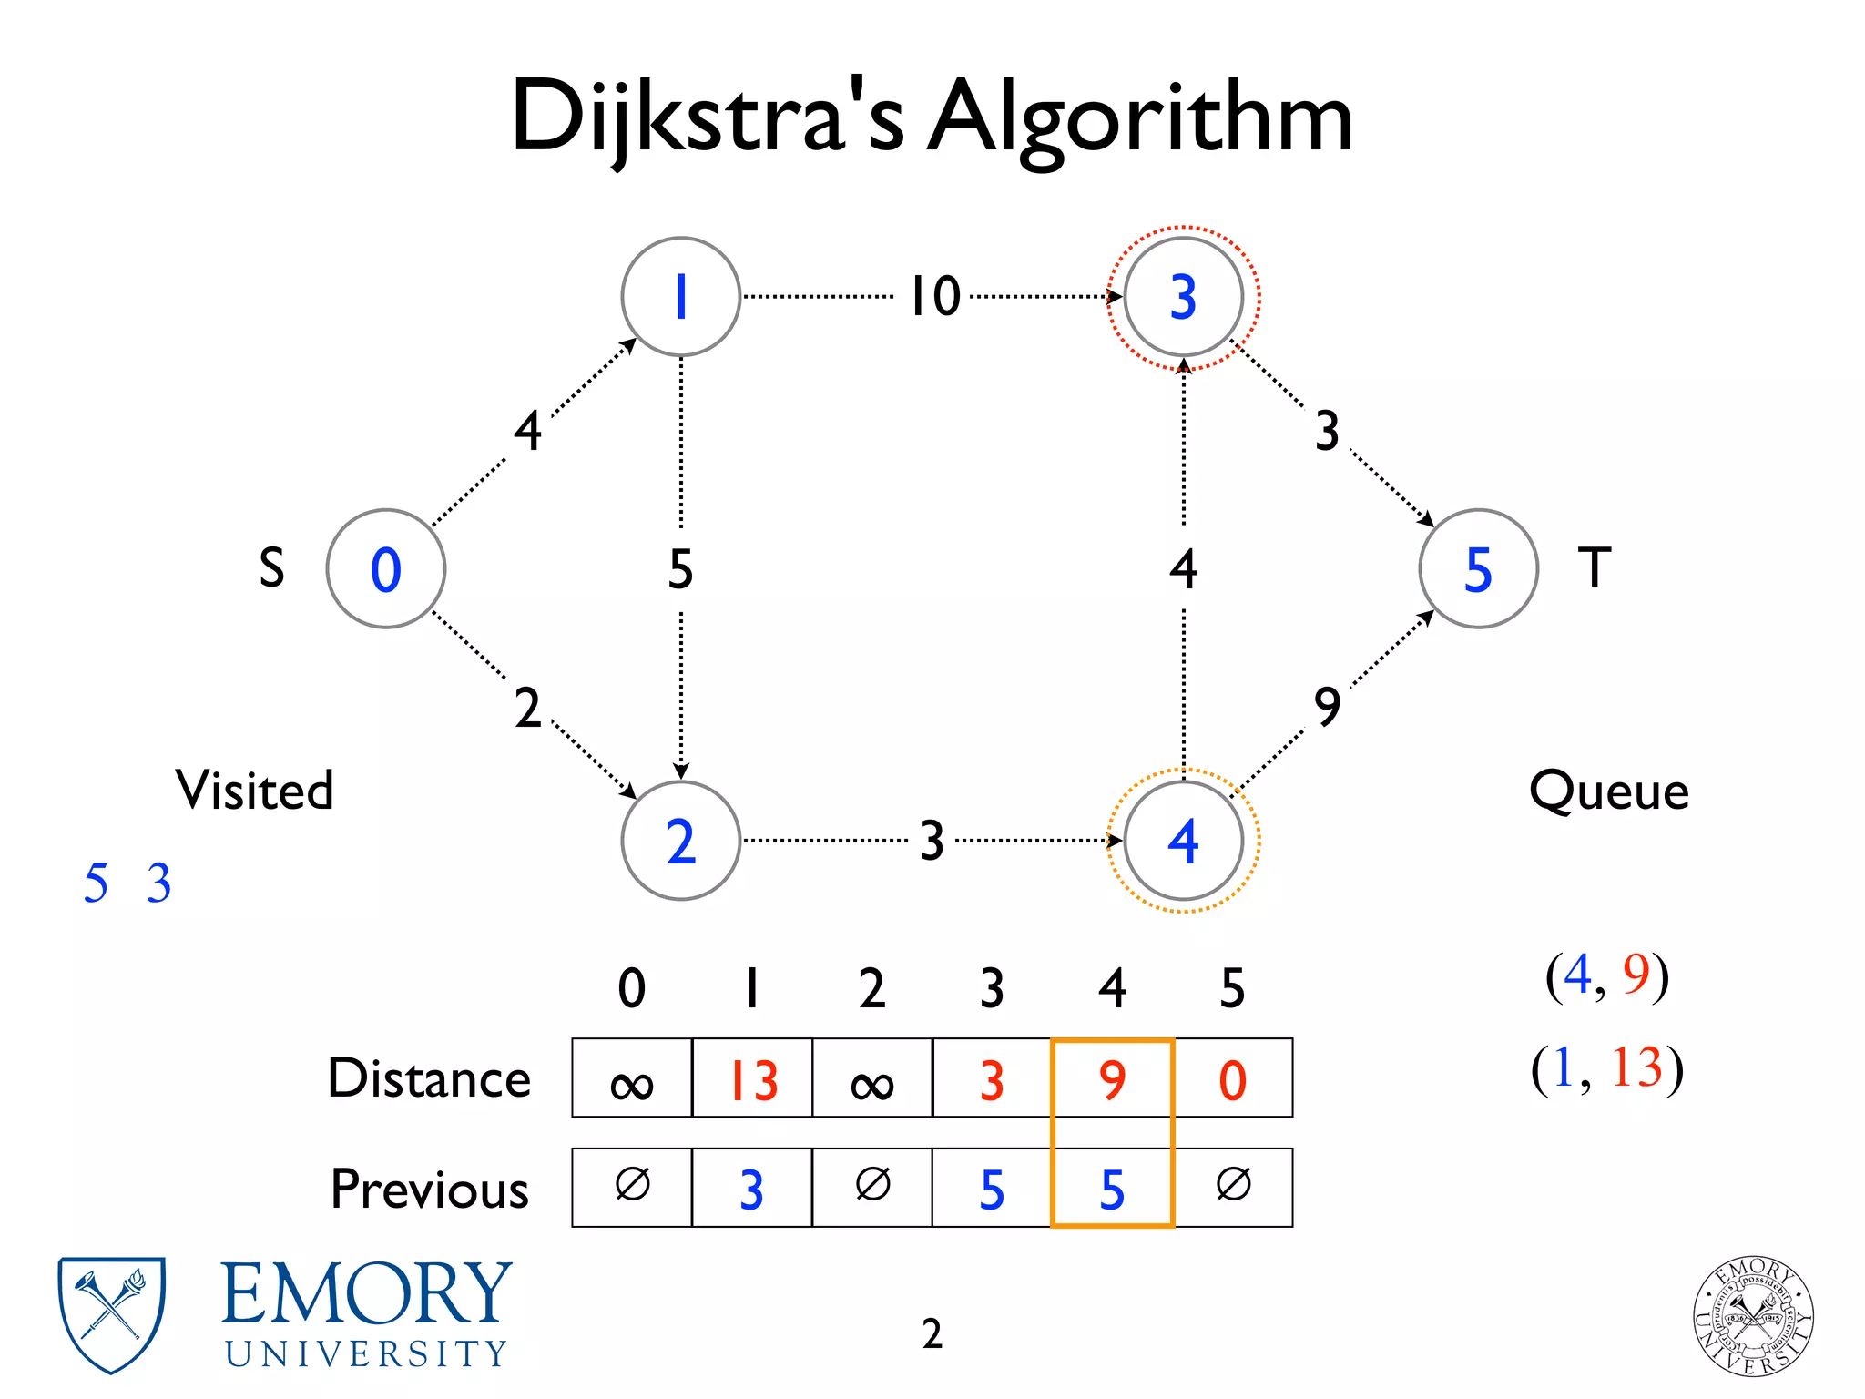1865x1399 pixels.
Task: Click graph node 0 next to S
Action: [386, 569]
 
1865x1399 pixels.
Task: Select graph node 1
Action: [680, 297]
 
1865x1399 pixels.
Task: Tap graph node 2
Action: [680, 841]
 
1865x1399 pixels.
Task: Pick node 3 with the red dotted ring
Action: [1183, 297]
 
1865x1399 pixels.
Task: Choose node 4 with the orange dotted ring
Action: [1183, 841]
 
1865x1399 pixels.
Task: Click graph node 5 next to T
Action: [1478, 569]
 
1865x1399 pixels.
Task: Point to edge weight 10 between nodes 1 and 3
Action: [935, 297]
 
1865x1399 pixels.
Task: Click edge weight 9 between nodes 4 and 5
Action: [1328, 707]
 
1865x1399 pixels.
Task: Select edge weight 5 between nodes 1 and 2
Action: [680, 569]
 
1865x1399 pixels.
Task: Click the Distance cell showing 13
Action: [752, 1079]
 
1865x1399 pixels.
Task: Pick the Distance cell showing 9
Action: [1112, 1079]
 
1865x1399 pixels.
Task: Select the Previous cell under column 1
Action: [752, 1189]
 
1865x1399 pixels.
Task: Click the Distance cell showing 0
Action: [1233, 1079]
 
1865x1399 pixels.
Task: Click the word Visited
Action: [255, 790]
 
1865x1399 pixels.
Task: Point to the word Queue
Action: [1609, 791]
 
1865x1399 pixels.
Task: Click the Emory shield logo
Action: [111, 1314]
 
